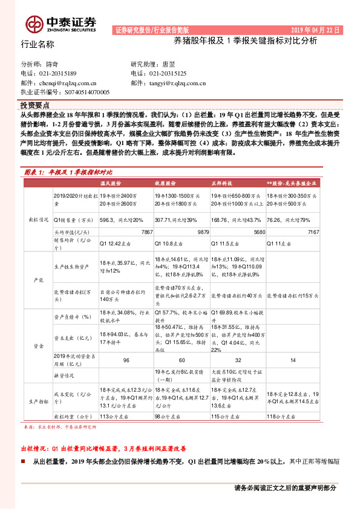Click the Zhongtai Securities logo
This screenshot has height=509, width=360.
pyautogui.click(x=61, y=24)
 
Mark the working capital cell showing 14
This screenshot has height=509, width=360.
pyautogui.click(x=292, y=360)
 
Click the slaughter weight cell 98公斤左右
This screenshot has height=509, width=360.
pyautogui.click(x=169, y=417)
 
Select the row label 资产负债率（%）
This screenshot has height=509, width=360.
pyautogui.click(x=71, y=316)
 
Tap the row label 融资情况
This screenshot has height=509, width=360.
pyautogui.click(x=65, y=374)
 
